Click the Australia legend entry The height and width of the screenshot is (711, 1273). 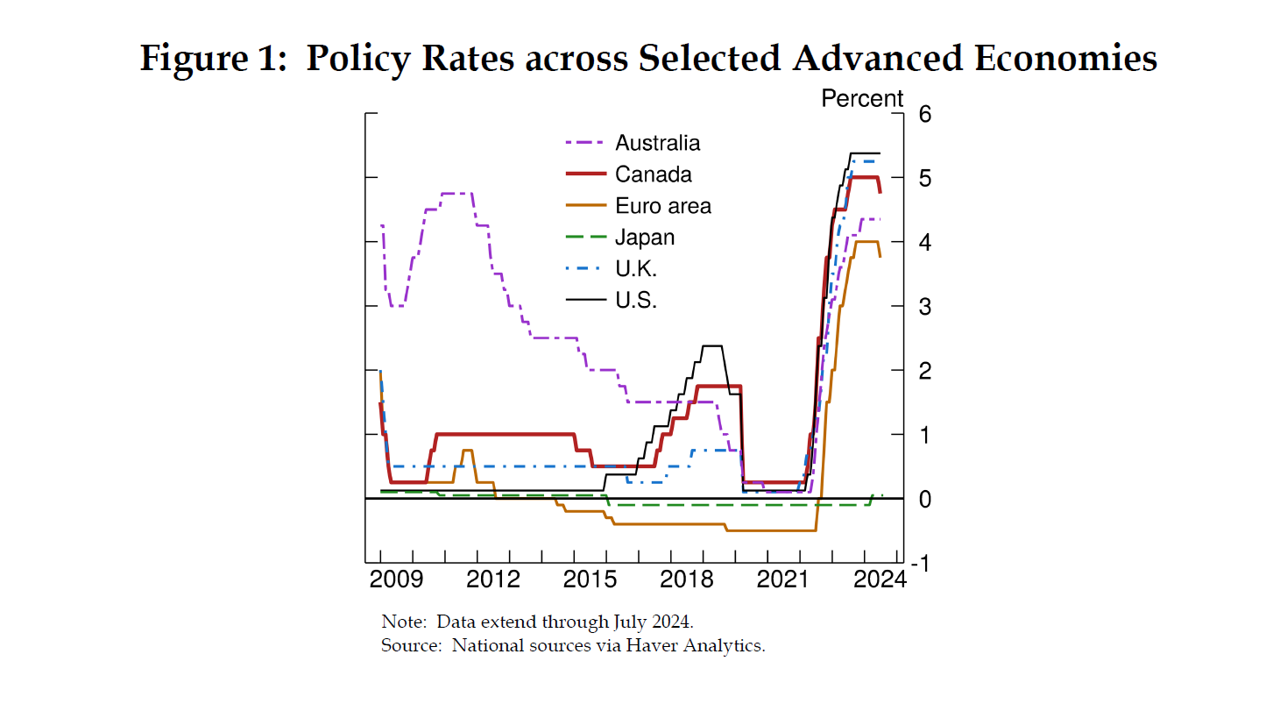(x=657, y=143)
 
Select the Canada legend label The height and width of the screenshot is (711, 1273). (x=653, y=174)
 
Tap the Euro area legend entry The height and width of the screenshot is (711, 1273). (x=662, y=206)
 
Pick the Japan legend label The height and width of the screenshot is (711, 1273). (x=645, y=238)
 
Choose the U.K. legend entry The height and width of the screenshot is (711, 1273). (x=636, y=269)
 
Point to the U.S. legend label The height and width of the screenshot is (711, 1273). (x=636, y=301)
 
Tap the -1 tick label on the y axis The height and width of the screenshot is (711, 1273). (x=920, y=564)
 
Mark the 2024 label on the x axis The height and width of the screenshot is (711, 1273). (x=874, y=579)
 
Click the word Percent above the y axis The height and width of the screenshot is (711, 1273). (x=861, y=99)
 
